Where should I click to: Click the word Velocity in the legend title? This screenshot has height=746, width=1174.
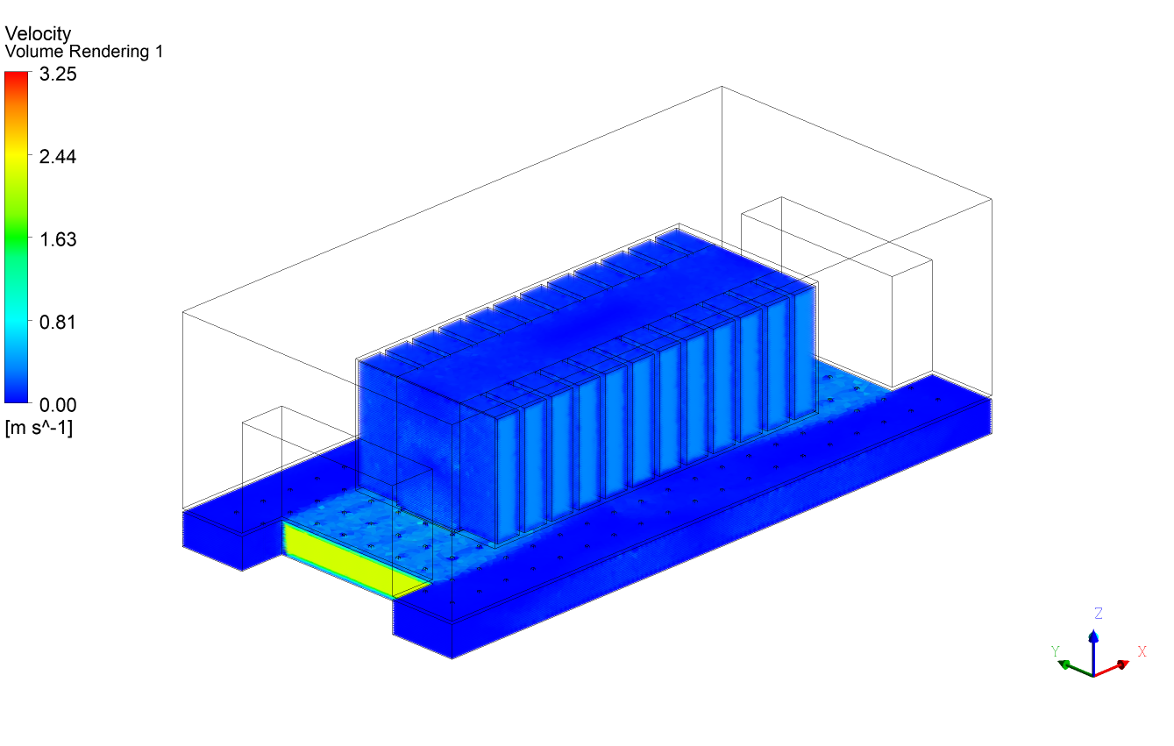tap(38, 33)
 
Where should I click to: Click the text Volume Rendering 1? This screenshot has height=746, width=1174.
tap(83, 53)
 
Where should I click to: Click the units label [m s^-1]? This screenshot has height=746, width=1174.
tap(39, 429)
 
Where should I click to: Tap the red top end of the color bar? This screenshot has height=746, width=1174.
tap(17, 79)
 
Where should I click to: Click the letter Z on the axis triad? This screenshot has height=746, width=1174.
tap(1098, 613)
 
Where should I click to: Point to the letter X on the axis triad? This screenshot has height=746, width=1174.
tap(1142, 651)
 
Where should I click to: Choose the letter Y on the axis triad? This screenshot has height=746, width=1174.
tap(1056, 651)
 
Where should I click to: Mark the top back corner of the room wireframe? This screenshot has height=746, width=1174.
tap(722, 87)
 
